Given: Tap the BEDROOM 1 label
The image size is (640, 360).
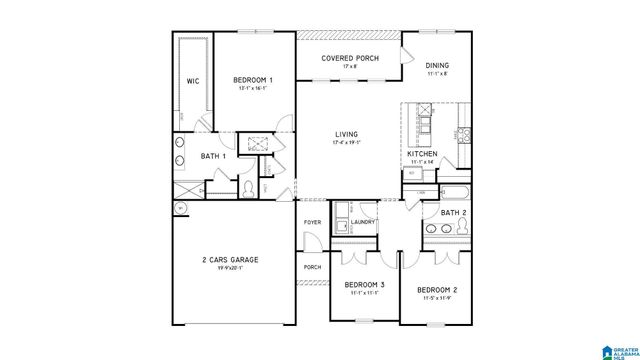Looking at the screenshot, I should (254, 79).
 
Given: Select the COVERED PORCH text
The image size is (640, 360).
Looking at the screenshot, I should (348, 59).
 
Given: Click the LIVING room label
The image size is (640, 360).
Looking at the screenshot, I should (347, 133).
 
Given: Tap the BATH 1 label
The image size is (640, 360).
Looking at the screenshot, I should (213, 156).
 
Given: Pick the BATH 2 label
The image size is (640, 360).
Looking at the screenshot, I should (453, 213).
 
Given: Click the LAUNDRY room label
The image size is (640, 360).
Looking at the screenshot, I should (362, 222).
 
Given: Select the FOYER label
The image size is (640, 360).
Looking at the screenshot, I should (313, 222).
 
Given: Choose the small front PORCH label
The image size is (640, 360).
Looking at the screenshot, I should (311, 267).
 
